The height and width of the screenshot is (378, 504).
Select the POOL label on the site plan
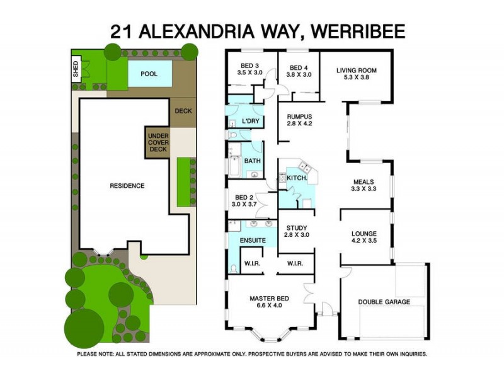149,74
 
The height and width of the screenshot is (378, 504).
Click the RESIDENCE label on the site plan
127,186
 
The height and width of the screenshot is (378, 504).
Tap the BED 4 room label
299,66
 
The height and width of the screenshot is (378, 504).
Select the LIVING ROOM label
356,71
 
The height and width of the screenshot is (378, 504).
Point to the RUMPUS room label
299,117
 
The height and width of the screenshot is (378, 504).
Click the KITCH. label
297,178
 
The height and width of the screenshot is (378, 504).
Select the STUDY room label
295,228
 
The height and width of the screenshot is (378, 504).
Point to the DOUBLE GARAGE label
384,302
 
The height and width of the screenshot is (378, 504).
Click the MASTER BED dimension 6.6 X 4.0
269,306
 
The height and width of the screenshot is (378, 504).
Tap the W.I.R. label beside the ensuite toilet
252,263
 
